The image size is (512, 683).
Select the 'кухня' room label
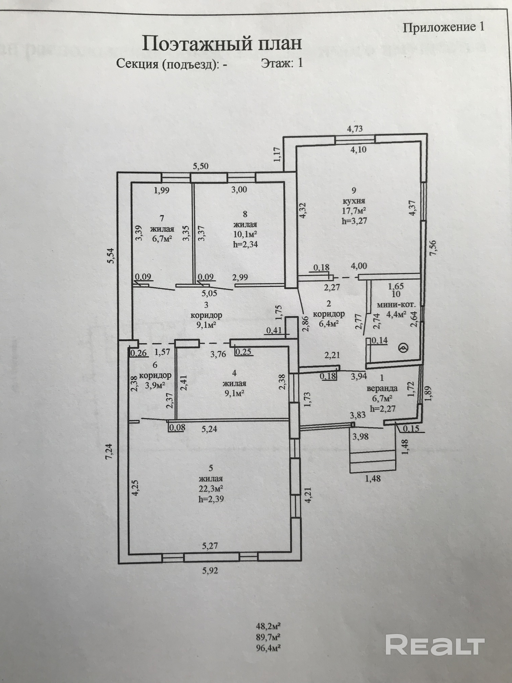[x=354, y=201]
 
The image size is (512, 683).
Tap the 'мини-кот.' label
[x=397, y=304]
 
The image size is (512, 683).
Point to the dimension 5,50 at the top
[x=201, y=166]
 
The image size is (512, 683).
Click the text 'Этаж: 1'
[x=282, y=63]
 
